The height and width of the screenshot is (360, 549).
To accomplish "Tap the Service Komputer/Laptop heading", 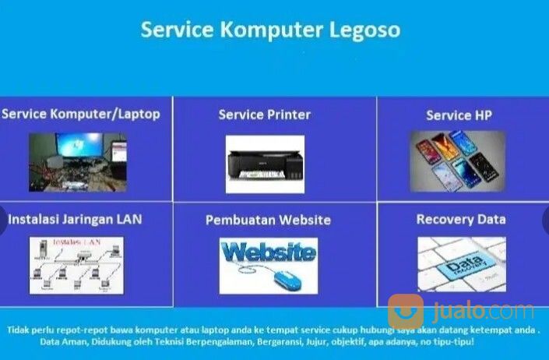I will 81,115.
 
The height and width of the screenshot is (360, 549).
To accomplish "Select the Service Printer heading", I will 264,115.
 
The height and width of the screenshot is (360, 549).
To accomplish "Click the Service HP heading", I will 459,115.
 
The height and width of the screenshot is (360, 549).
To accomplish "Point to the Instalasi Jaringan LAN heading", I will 75,219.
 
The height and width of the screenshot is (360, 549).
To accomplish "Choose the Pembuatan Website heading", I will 268,220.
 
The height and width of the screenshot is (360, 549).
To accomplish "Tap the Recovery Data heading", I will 460,219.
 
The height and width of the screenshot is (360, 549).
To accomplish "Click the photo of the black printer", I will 265,164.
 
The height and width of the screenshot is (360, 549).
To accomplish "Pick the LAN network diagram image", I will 76,266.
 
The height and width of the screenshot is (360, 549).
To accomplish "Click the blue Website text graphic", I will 268,252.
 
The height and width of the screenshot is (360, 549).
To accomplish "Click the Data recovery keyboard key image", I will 461,265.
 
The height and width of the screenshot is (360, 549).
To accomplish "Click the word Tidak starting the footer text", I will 18,329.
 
